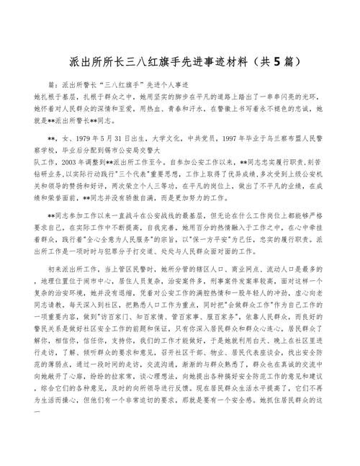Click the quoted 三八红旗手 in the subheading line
[x=109, y=84]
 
